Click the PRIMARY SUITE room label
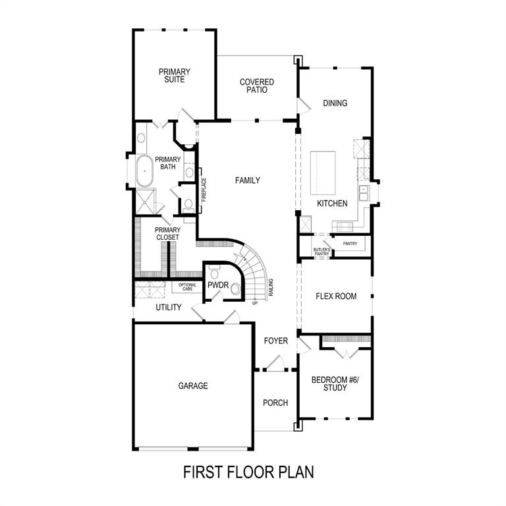174,75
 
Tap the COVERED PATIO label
257,86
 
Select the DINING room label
335,103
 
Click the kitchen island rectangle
323,172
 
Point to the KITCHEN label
331,204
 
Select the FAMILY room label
247,181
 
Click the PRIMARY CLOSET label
167,234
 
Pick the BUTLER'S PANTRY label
321,250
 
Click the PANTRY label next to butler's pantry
349,244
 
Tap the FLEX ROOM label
336,296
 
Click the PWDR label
217,285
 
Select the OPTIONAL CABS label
187,287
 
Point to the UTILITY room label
169,308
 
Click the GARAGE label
193,386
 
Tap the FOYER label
276,341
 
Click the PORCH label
275,403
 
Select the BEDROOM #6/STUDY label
329,383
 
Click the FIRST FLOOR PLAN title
248,472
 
